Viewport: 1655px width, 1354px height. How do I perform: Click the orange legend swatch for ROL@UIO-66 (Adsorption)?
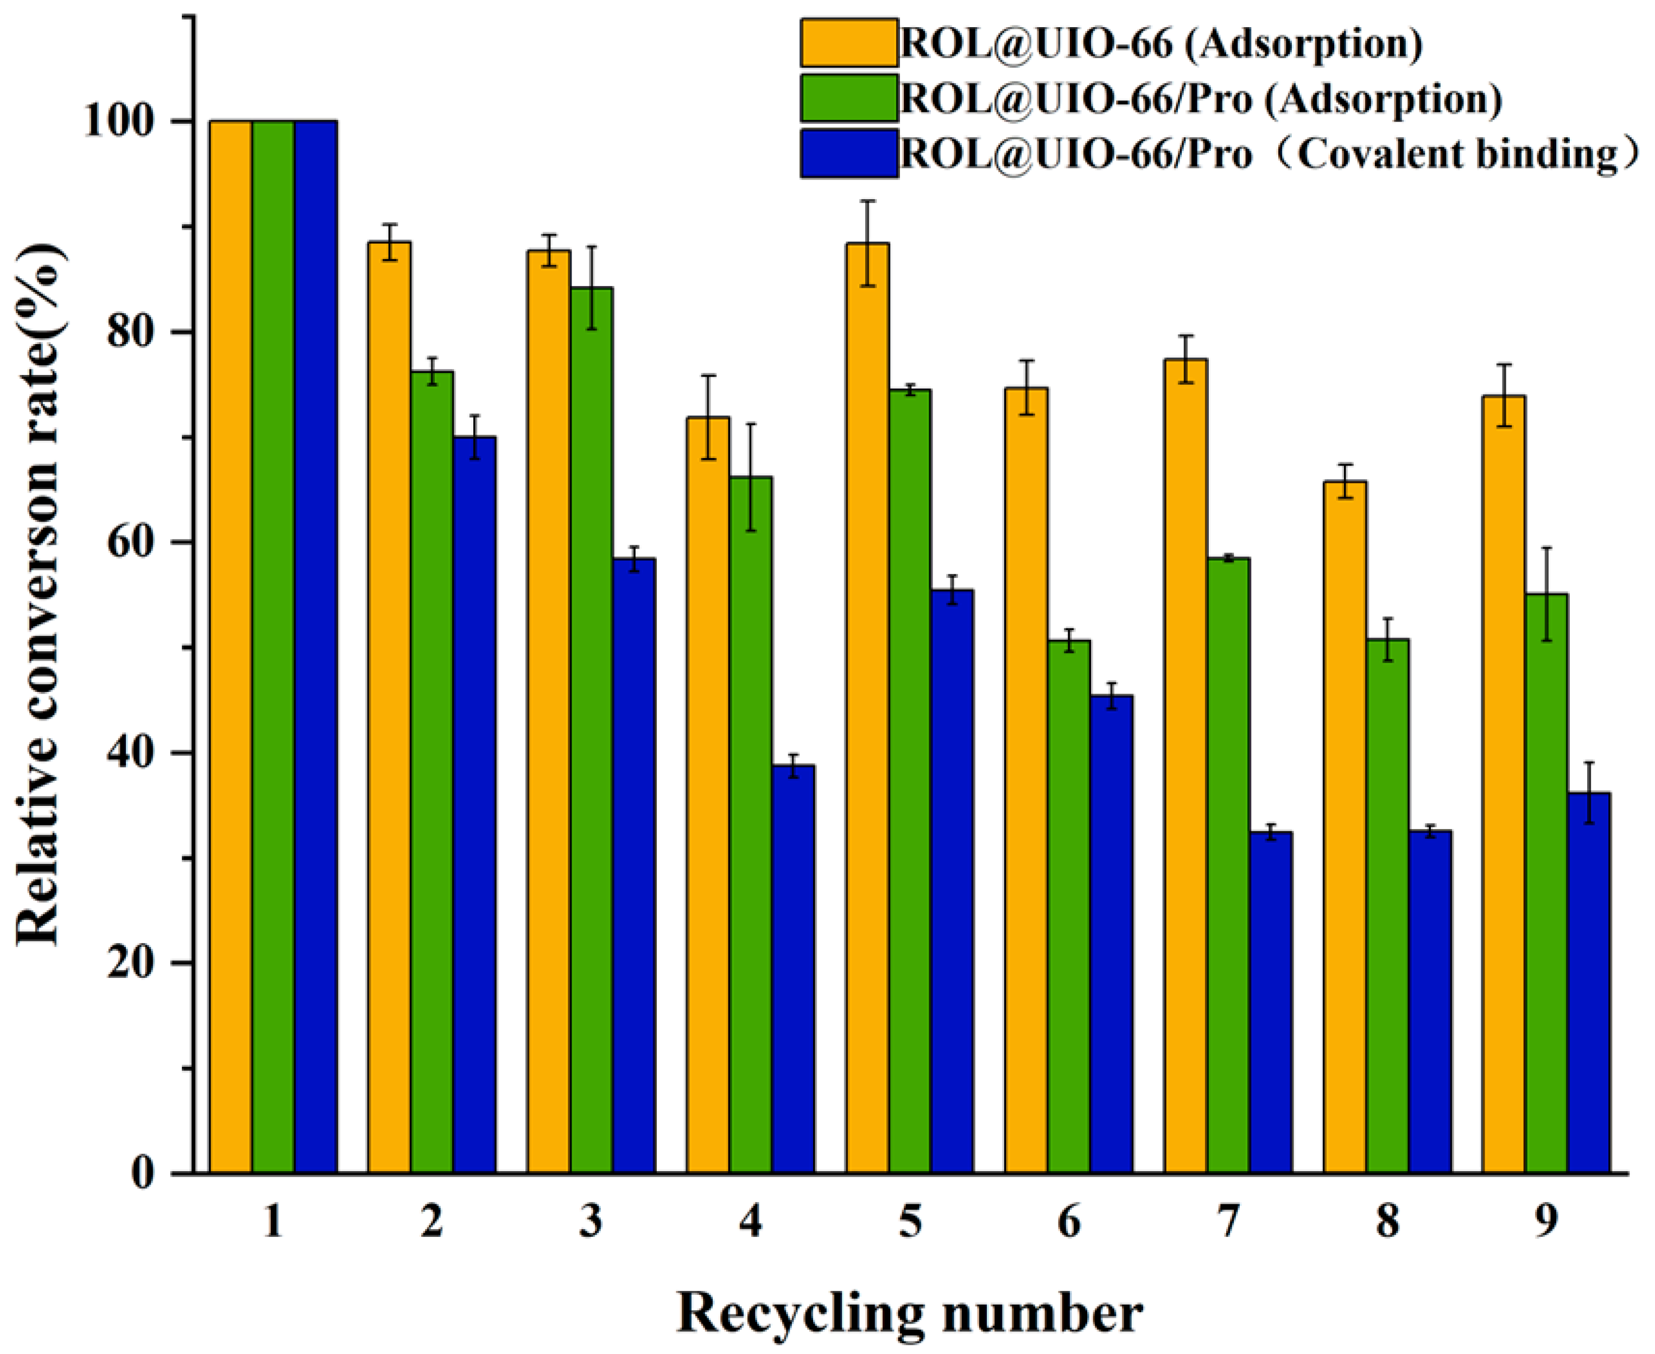pyautogui.click(x=848, y=43)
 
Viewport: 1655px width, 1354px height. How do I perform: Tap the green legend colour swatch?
pyautogui.click(x=848, y=98)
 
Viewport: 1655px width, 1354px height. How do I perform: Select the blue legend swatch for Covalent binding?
pyautogui.click(x=848, y=154)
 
